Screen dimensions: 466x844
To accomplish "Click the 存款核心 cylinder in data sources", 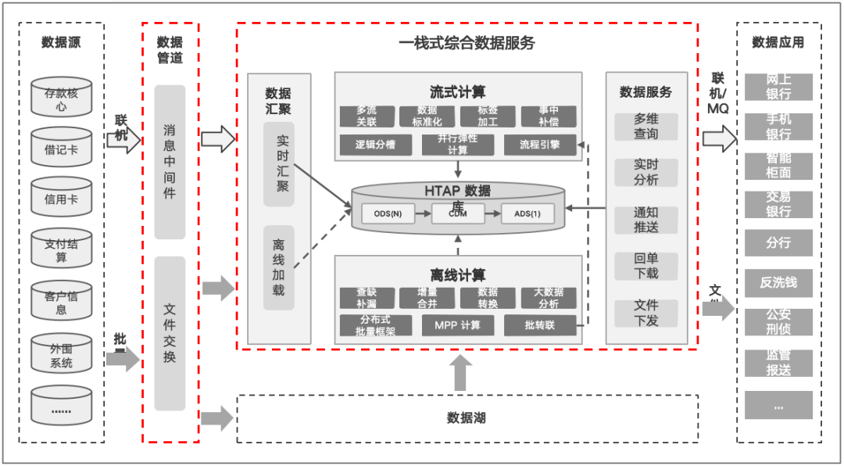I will click(x=61, y=98).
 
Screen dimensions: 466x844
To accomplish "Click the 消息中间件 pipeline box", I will click(x=170, y=162).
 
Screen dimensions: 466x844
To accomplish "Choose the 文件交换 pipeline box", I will click(x=170, y=333).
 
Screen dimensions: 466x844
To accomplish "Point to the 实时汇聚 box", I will click(x=279, y=163).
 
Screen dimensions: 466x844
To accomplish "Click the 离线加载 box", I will click(x=279, y=267).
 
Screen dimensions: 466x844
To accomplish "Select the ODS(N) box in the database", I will click(x=388, y=213).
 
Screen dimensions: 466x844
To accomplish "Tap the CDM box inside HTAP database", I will click(x=458, y=213).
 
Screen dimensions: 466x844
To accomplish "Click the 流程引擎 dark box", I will click(x=540, y=145).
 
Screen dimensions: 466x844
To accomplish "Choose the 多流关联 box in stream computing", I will click(x=367, y=116).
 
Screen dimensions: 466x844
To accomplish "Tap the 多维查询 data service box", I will click(x=646, y=127).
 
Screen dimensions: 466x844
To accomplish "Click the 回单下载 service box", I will click(x=646, y=266).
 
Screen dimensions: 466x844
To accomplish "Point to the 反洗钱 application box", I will click(x=778, y=282).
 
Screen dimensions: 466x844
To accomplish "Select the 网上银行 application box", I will click(x=778, y=87).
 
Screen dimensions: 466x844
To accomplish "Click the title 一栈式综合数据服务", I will click(x=467, y=43).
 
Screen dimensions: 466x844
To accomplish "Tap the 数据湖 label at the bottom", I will click(x=467, y=418).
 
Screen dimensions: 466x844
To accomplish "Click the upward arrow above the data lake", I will click(x=461, y=373).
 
